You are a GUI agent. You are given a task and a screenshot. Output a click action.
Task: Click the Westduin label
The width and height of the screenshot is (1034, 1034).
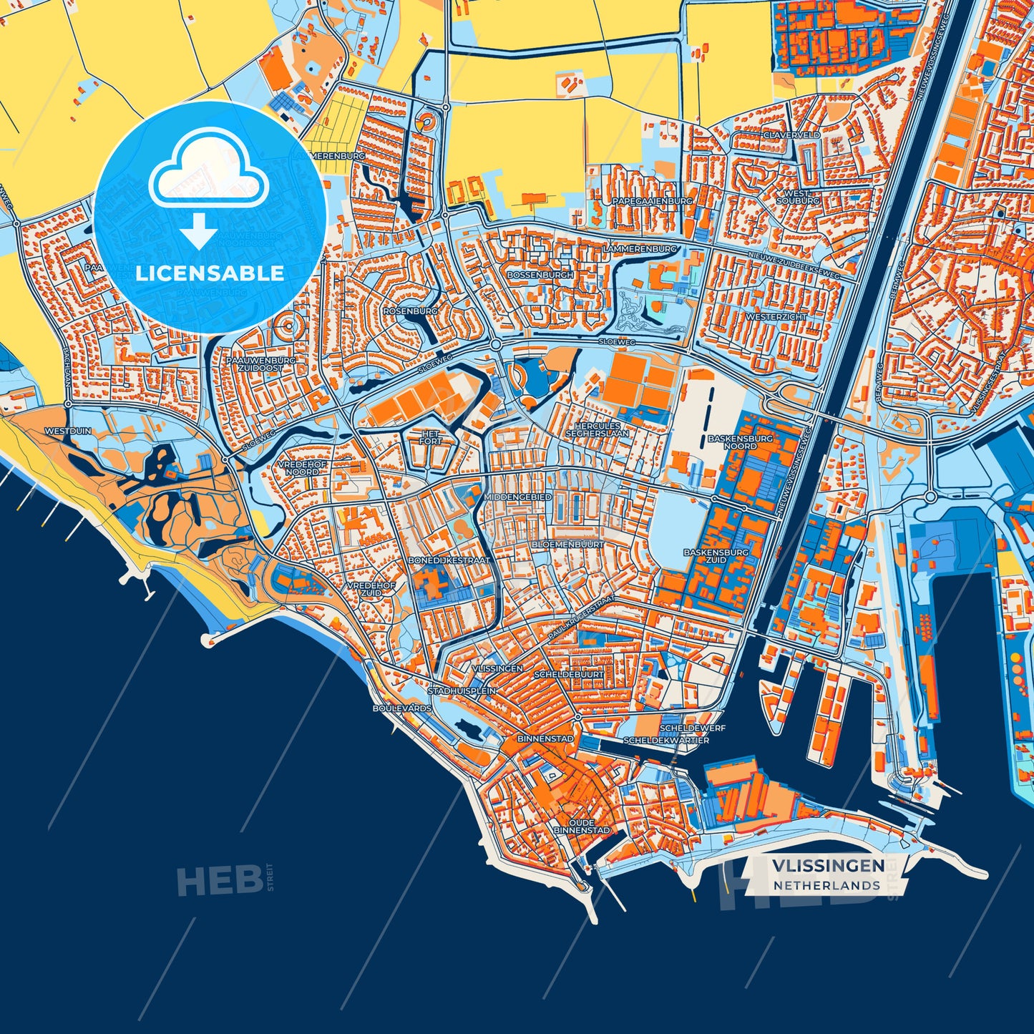point(68,431)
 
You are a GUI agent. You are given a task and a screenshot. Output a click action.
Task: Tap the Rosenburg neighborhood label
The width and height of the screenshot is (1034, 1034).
point(410,311)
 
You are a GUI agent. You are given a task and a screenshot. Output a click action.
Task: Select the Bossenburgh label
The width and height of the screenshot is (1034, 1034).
point(540,275)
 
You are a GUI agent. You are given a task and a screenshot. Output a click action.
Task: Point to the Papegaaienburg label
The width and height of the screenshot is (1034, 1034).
point(652,202)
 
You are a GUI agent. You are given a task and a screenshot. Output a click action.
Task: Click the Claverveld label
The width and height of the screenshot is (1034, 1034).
point(791,135)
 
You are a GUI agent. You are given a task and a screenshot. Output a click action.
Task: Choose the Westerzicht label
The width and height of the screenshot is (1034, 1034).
point(776,316)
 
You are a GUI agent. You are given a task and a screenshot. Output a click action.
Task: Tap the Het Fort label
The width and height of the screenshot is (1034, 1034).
point(431,438)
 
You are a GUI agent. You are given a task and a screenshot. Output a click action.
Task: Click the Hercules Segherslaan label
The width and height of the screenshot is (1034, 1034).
point(597,429)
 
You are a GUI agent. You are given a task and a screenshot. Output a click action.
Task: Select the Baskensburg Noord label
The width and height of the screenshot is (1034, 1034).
point(740,442)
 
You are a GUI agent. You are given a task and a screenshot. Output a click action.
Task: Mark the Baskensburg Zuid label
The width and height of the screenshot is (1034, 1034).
point(716,556)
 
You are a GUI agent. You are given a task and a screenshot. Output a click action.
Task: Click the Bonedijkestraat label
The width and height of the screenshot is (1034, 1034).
point(449,560)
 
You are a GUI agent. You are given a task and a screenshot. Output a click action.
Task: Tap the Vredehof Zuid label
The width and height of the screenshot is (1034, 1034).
point(371,589)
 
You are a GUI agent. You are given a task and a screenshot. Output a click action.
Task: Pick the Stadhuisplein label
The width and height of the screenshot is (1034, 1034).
point(462,691)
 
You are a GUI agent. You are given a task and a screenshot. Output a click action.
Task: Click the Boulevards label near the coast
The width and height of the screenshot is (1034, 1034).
point(401,708)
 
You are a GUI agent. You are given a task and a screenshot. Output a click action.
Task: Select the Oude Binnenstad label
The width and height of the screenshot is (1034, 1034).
point(582,826)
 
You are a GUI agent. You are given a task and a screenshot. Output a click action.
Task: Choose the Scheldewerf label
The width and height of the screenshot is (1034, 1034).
point(692,728)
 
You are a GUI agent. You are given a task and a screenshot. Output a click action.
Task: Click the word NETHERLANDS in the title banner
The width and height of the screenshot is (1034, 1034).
point(826,885)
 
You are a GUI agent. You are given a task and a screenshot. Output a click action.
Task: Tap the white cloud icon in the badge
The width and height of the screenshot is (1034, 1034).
point(208,172)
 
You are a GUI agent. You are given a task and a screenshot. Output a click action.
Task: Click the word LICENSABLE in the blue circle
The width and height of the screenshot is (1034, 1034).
point(210,273)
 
